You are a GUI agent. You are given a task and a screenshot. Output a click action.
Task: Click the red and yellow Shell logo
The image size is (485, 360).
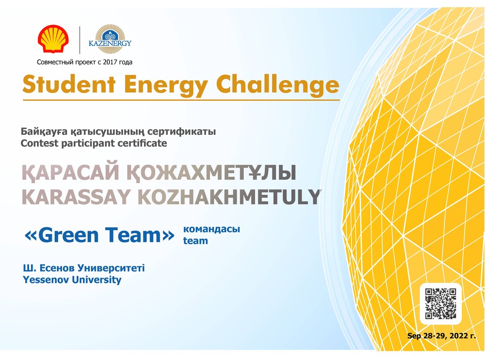pyautogui.click(x=53, y=39)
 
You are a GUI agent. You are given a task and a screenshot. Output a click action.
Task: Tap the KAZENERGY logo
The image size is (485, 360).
pyautogui.click(x=110, y=39)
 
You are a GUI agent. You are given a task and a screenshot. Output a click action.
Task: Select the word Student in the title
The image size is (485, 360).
pyautogui.click(x=69, y=84)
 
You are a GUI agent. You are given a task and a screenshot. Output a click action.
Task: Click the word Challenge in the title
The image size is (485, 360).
pyautogui.click(x=277, y=85)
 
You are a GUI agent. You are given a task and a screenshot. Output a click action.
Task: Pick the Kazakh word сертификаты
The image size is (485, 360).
pyautogui.click(x=181, y=132)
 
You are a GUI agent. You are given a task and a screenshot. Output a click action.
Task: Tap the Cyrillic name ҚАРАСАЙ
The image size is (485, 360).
pyautogui.click(x=70, y=172)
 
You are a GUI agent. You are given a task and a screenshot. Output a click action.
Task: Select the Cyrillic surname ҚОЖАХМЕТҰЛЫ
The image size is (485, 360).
pyautogui.click(x=211, y=172)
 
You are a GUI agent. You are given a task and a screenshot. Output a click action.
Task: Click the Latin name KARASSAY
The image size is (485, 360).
pyautogui.click(x=76, y=197)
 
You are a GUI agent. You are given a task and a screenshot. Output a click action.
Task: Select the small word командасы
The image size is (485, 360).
pyautogui.click(x=211, y=229)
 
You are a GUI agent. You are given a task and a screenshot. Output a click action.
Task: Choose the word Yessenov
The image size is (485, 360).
pyautogui.click(x=46, y=280)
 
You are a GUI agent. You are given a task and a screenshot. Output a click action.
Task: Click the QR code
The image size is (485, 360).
pyautogui.click(x=440, y=303)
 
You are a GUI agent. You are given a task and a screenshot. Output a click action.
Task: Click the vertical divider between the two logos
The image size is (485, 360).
pyautogui.click(x=80, y=40)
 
